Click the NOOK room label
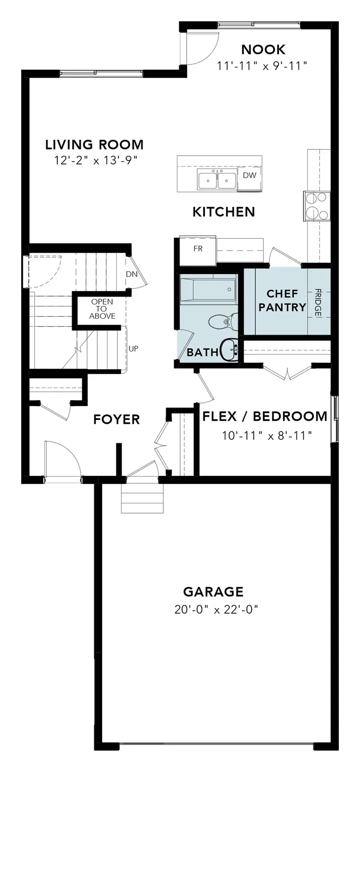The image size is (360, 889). tap(263, 50)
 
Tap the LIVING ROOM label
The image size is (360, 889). tap(94, 145)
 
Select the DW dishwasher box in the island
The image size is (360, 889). tap(249, 175)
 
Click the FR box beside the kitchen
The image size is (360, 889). tap(198, 248)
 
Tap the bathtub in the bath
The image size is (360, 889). tap(208, 290)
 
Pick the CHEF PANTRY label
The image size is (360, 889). tap(282, 301)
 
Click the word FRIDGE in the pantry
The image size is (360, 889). tap(318, 302)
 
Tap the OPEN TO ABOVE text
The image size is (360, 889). tap(102, 309)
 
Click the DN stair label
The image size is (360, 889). tap(132, 274)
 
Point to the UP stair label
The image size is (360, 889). tap(133, 349)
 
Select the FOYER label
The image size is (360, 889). tap(116, 420)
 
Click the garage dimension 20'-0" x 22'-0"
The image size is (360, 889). tap(216, 610)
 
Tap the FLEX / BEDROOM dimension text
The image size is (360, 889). tap(267, 435)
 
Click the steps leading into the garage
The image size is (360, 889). tap(142, 498)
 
